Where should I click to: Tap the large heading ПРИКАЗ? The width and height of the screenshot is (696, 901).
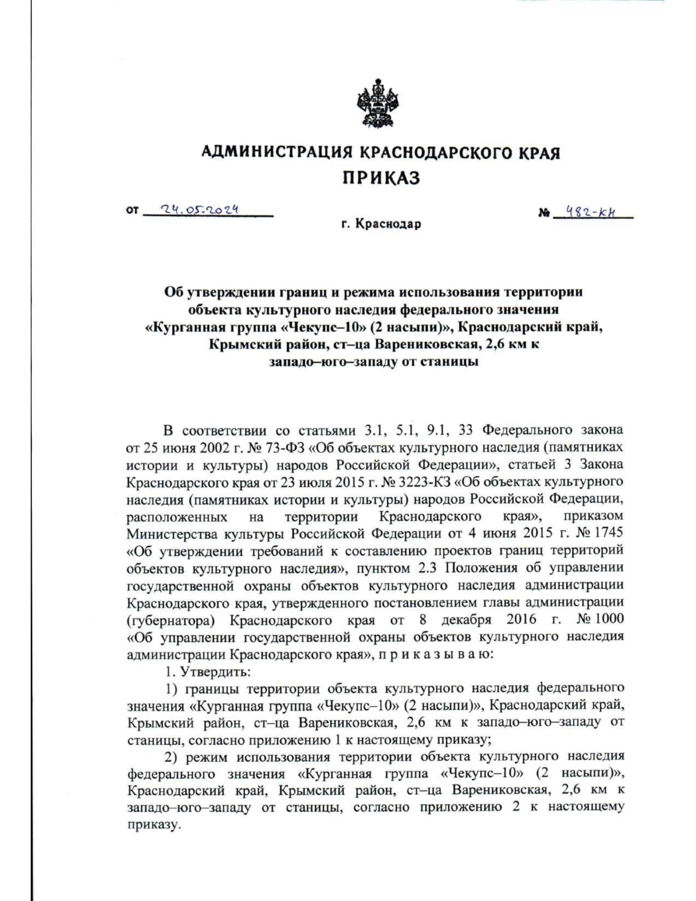coord(380,178)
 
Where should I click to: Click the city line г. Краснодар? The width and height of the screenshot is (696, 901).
coord(380,224)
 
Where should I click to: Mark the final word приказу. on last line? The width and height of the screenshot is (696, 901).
coord(151,825)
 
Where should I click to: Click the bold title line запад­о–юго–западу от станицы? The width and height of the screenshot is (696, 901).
coord(374,361)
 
